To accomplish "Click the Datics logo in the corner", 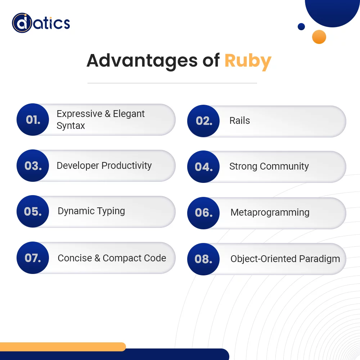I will (x=41, y=23).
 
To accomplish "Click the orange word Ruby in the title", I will (x=248, y=60).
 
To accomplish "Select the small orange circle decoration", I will (x=319, y=37).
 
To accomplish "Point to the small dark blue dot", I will (x=301, y=26).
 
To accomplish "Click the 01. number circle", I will (x=33, y=120).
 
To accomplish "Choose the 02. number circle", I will (x=203, y=121).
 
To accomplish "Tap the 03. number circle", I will (x=33, y=166).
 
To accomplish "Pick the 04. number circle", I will (x=203, y=167).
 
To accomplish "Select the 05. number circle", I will (x=33, y=211).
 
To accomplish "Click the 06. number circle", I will (x=203, y=213).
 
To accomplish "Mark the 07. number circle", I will (x=33, y=258).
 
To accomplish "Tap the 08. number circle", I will (x=203, y=259).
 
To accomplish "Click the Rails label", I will (x=239, y=121).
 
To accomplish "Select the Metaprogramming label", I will (x=270, y=212).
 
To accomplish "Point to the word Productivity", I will (x=127, y=166).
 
